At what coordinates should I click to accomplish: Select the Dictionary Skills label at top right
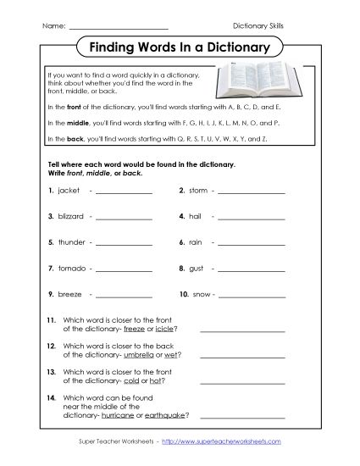tap(258, 26)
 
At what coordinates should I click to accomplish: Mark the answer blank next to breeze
tap(124, 296)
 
